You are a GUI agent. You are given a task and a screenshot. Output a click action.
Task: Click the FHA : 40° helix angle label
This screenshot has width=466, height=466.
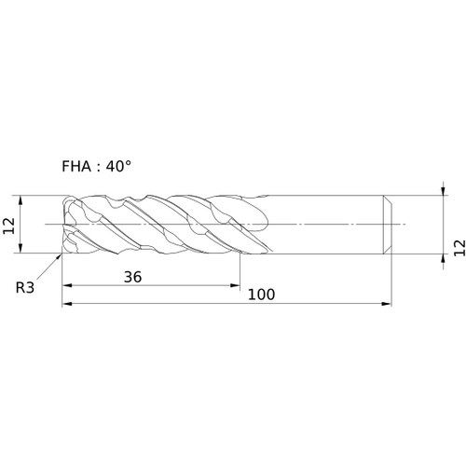coord(96,167)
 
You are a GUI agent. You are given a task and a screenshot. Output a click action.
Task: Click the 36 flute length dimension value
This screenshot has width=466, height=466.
coord(132,277)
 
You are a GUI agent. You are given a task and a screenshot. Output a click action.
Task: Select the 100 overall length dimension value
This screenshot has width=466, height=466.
coord(261,295)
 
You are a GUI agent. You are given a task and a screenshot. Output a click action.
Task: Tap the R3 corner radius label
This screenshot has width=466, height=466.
coord(25,288)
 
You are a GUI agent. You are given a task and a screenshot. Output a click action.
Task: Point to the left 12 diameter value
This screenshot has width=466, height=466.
coord(8,226)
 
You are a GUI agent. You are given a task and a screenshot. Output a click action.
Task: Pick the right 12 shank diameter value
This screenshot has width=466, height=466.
coord(460,248)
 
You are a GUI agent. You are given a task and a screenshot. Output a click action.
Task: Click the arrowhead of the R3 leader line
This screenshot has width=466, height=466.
coord(59,256)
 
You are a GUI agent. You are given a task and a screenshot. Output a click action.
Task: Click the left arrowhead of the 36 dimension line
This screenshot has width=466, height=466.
coord(67,285)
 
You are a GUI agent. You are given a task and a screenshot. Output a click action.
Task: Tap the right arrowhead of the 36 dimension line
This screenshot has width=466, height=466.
coord(235,285)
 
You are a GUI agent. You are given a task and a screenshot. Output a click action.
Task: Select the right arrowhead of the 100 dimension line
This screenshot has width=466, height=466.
coord(387,304)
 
